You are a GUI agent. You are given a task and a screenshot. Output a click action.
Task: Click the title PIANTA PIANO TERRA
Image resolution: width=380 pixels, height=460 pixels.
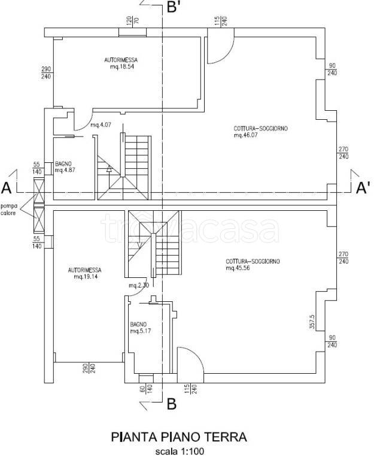click(x=179, y=437)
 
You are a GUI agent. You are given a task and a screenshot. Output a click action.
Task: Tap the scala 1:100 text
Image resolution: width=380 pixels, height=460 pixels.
click(x=180, y=451)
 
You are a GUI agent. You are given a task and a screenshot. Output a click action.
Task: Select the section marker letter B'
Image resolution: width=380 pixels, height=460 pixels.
click(x=174, y=7)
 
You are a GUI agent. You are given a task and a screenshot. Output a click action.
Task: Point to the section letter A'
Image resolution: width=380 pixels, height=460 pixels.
click(x=363, y=187)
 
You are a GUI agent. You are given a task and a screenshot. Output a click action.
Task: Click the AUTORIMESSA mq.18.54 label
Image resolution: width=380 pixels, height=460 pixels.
click(x=121, y=63)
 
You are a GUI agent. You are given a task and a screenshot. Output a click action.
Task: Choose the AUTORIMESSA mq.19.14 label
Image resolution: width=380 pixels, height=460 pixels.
click(x=85, y=273)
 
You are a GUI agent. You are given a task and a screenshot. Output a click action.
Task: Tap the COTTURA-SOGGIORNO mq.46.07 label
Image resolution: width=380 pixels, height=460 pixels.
click(x=261, y=132)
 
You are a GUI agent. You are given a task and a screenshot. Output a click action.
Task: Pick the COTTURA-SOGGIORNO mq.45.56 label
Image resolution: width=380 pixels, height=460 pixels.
click(x=253, y=264)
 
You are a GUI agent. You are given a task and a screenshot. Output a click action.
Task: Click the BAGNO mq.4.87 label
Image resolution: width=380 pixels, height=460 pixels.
click(x=65, y=167)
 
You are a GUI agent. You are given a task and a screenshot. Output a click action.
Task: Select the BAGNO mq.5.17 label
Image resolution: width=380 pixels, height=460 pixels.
click(x=141, y=328)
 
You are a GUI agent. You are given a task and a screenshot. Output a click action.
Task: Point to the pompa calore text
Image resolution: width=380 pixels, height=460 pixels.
click(x=9, y=210)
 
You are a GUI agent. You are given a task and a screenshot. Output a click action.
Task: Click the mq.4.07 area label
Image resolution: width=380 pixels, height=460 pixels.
click(x=101, y=125)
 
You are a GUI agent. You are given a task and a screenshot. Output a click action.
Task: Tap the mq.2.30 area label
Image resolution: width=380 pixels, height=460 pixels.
click(x=139, y=285)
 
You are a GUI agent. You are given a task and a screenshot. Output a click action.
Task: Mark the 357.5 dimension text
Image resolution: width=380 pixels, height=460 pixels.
click(x=312, y=322)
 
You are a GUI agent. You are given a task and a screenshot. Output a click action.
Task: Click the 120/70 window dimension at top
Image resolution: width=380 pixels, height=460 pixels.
click(x=132, y=20)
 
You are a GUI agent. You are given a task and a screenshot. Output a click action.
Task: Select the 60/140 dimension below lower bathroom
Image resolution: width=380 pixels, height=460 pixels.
click(x=146, y=389)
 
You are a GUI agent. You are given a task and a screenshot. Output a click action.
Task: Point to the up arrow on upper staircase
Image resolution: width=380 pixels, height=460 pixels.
click(x=109, y=168)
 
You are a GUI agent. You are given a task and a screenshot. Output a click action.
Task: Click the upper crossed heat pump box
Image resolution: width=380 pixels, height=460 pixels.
click(x=39, y=191)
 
